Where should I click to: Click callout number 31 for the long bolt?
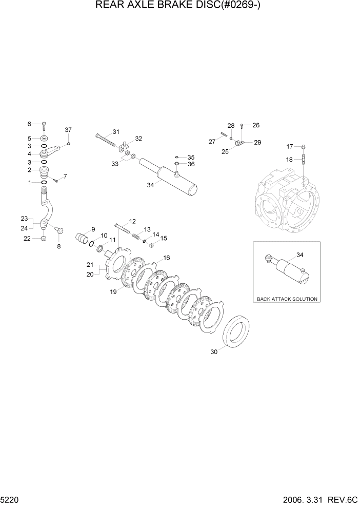[x=116, y=131]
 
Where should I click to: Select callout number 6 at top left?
[x=29, y=124]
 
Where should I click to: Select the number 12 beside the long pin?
[x=132, y=221]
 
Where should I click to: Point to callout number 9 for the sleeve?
[x=93, y=229]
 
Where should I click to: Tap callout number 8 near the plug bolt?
[x=58, y=247]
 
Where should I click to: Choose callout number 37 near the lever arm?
[x=68, y=129]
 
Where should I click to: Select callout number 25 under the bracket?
[x=224, y=151]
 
